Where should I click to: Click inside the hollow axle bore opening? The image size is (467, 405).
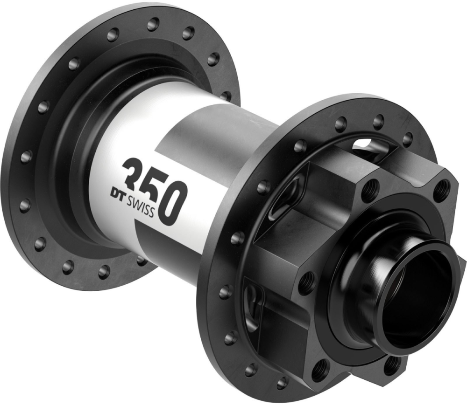(x=421, y=298)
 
